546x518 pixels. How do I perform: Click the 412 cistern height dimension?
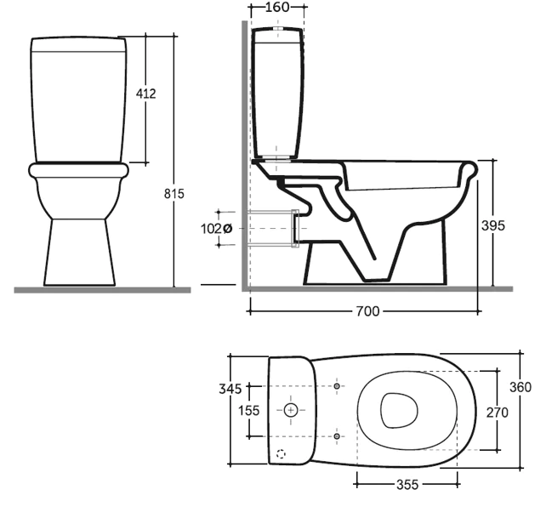[146, 94]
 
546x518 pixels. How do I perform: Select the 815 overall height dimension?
[174, 194]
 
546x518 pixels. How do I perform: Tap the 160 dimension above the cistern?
[277, 7]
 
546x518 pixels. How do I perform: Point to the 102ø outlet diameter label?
[217, 229]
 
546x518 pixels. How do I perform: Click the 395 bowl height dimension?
[493, 225]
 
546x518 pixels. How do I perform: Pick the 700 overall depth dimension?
[367, 311]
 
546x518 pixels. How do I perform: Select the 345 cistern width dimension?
[230, 389]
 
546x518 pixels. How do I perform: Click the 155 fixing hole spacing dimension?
[248, 410]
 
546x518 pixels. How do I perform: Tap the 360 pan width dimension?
[520, 387]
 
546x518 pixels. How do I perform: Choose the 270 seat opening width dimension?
[498, 413]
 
